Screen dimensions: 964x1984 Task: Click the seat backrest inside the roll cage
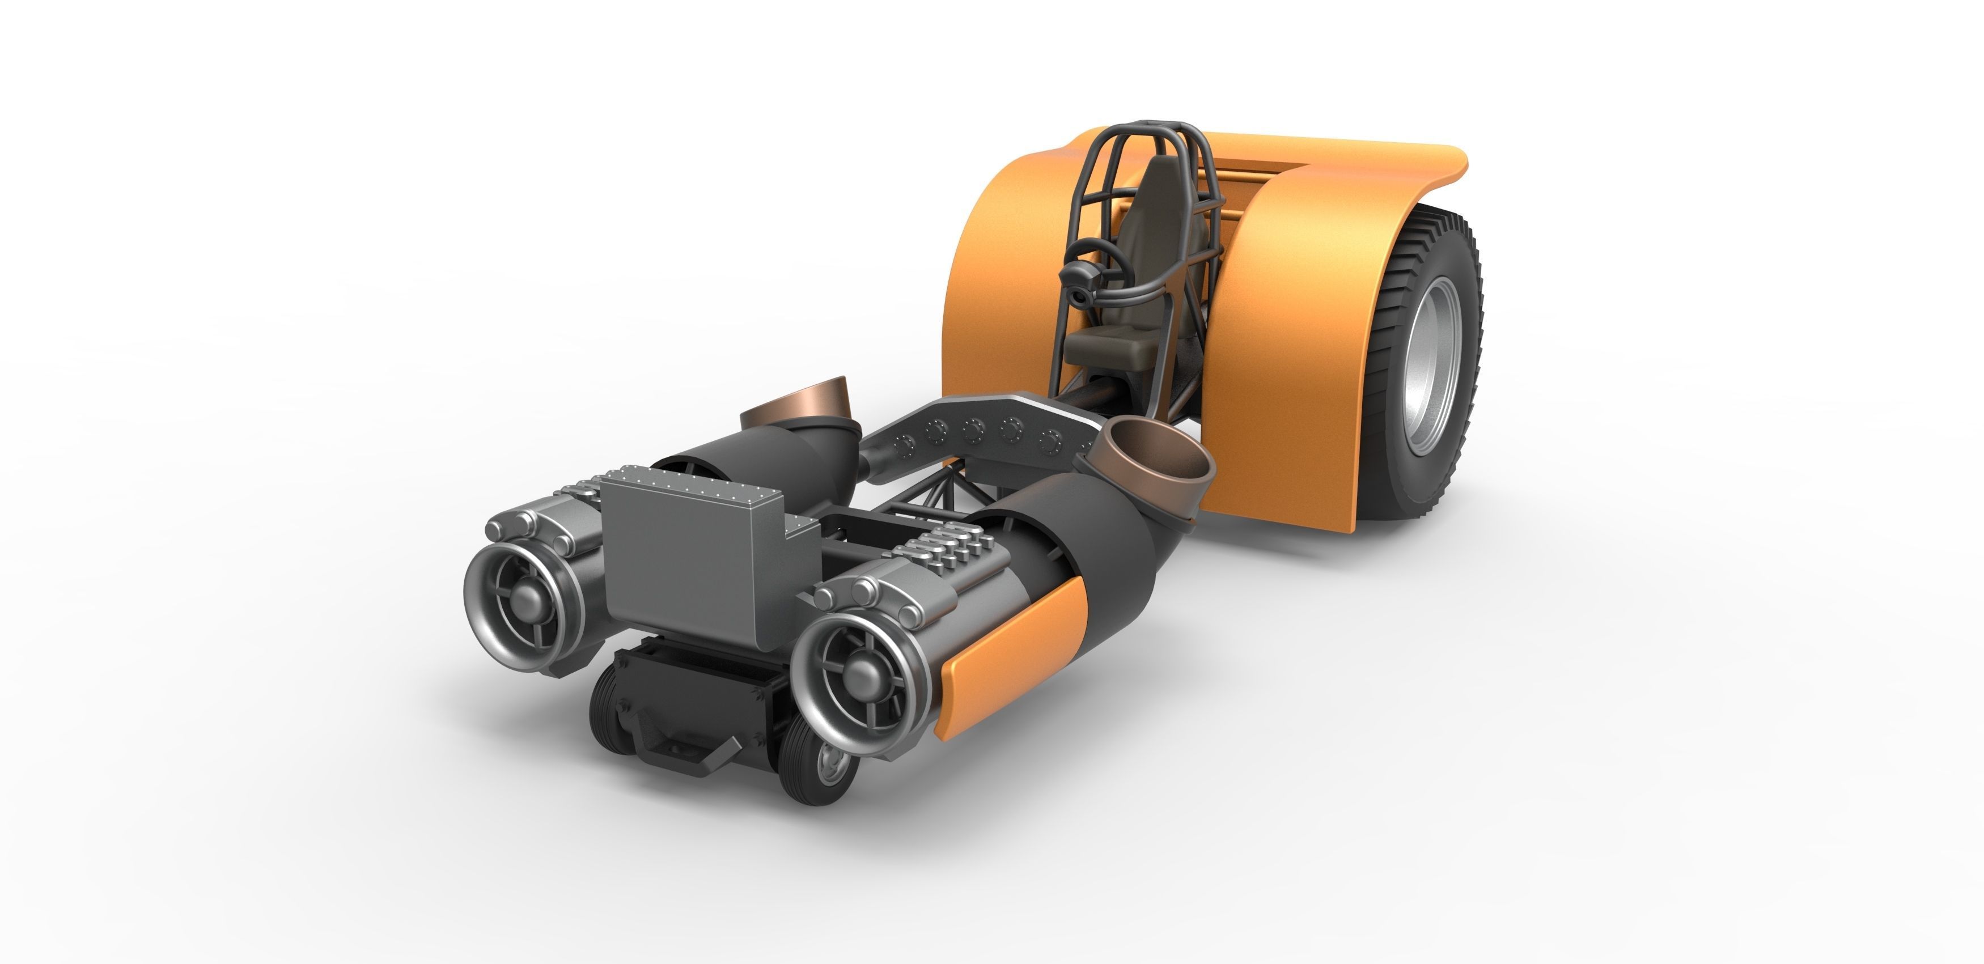(x=1155, y=223)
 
